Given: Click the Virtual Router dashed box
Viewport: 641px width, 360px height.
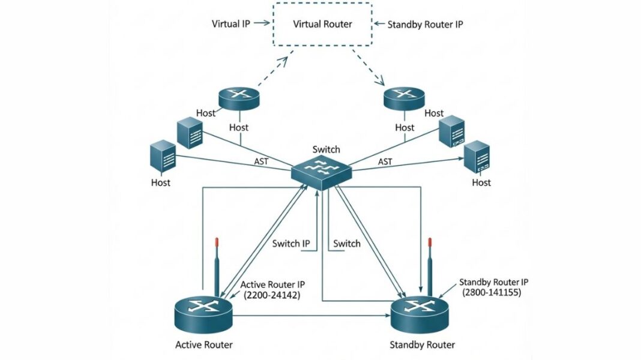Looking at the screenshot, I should [x=322, y=25].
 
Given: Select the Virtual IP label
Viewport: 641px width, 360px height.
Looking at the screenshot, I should [x=230, y=24].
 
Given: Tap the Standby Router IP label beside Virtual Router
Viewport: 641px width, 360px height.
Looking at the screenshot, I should [x=425, y=25].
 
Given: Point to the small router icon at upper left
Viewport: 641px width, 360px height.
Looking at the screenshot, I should [x=238, y=98].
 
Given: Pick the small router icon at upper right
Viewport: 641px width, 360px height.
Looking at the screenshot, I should [x=404, y=98].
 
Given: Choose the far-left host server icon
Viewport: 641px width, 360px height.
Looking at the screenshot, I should [x=163, y=157].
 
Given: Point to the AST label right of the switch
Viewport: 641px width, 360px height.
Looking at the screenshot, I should [x=385, y=162].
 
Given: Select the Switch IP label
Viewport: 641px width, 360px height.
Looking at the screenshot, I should [x=291, y=244].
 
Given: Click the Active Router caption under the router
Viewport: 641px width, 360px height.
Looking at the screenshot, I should [x=203, y=344].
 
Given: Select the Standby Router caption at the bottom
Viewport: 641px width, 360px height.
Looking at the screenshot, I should [x=422, y=344].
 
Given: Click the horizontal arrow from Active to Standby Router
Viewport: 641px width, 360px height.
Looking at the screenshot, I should [x=312, y=314].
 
